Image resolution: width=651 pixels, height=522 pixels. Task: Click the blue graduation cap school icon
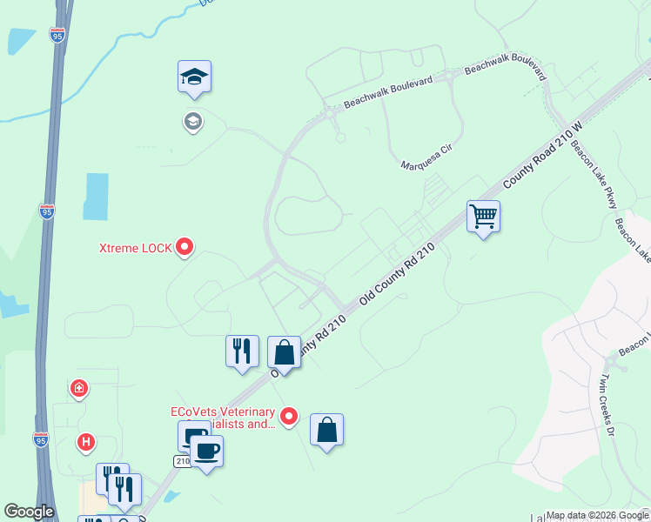[x=195, y=78]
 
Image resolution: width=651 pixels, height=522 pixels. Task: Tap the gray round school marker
[x=193, y=122]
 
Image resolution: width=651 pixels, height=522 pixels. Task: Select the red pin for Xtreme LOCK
[x=185, y=248]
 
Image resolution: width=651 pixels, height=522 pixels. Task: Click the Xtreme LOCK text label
[x=134, y=249]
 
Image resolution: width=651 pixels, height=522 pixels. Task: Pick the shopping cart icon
[x=483, y=216]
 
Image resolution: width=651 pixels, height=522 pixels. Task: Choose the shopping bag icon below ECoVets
[x=326, y=431]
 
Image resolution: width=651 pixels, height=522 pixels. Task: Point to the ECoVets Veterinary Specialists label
[x=222, y=418]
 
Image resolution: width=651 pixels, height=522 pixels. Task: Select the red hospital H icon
[x=85, y=443]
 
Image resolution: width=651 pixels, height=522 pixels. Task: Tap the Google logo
[x=29, y=512]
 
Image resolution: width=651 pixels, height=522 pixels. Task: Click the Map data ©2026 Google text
[x=595, y=515]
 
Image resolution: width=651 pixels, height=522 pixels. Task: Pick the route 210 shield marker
[x=182, y=460]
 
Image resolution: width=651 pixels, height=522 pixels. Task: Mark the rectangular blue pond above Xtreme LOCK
[x=96, y=196]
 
